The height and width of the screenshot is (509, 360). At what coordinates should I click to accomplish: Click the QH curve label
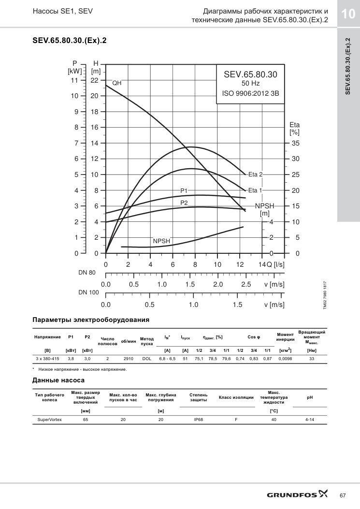pyautogui.click(x=117, y=83)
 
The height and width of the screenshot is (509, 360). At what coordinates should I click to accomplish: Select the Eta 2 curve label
pyautogui.click(x=255, y=175)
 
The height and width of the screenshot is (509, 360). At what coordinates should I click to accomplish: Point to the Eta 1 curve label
pyautogui.click(x=255, y=190)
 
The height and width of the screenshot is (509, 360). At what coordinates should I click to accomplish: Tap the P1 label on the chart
pyautogui.click(x=184, y=191)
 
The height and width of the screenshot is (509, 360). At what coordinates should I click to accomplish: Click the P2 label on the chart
pyautogui.click(x=184, y=203)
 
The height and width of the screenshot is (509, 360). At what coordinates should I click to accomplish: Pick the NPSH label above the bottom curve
pyautogui.click(x=161, y=241)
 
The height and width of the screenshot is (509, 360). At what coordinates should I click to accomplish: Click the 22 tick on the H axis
pyautogui.click(x=94, y=80)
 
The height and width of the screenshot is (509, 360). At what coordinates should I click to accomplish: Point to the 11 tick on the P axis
pyautogui.click(x=75, y=80)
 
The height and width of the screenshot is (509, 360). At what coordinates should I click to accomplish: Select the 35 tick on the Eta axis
pyautogui.click(x=295, y=143)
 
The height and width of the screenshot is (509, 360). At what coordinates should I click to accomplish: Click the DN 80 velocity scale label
pyautogui.click(x=87, y=273)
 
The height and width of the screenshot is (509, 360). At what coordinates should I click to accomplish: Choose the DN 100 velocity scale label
pyautogui.click(x=88, y=292)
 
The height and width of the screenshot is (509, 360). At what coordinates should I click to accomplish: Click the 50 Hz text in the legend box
pyautogui.click(x=251, y=84)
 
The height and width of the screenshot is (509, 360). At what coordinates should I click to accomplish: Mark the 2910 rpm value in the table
pyautogui.click(x=129, y=359)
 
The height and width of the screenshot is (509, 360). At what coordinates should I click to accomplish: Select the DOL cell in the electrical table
pyautogui.click(x=147, y=359)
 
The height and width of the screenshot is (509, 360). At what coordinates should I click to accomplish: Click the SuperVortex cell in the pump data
pyautogui.click(x=50, y=420)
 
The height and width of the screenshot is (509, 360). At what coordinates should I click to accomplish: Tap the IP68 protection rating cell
pyautogui.click(x=198, y=420)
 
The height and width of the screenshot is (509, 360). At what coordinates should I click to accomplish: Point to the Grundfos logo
pyautogui.click(x=297, y=494)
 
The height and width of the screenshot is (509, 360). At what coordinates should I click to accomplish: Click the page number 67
pyautogui.click(x=343, y=495)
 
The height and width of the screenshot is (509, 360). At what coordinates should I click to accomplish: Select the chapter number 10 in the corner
pyautogui.click(x=348, y=14)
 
